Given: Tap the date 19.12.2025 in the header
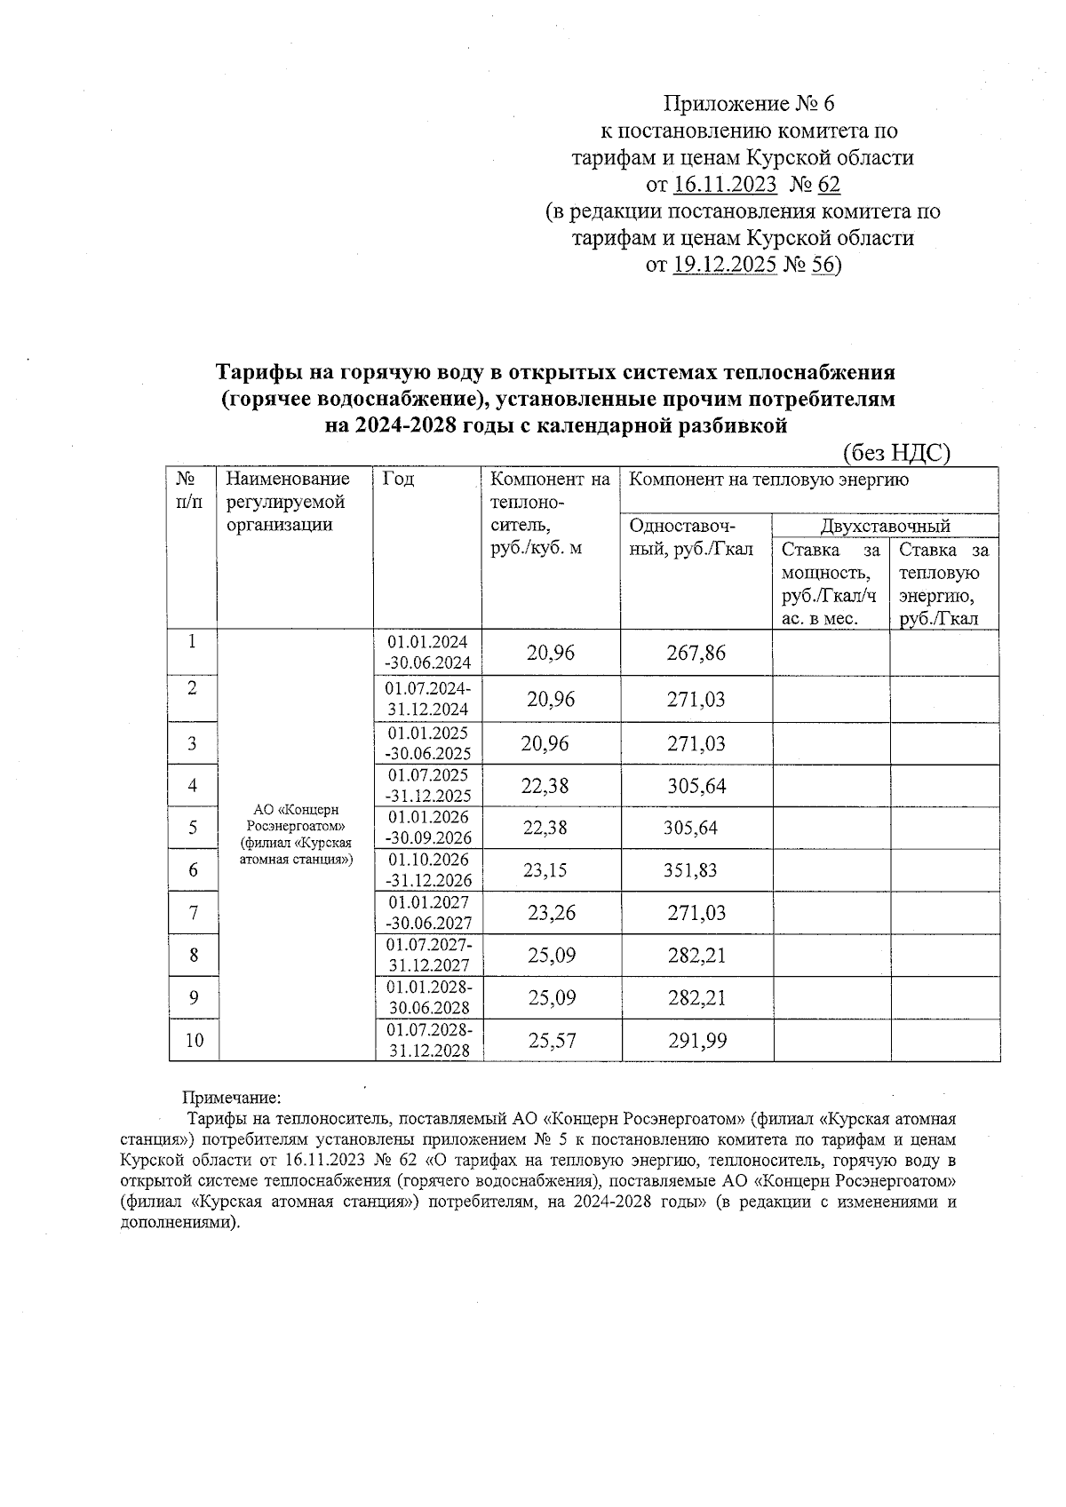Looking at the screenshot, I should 725,265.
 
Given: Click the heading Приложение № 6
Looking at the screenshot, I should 750,104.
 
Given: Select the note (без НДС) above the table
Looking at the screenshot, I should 896,453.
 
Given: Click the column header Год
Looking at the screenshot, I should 398,480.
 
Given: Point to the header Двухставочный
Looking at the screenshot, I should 885,526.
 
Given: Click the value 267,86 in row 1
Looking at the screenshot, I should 696,654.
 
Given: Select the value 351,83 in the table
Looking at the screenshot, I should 690,870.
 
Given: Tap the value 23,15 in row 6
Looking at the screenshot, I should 545,870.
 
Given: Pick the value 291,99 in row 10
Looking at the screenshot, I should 696,1040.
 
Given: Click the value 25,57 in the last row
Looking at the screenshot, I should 551,1040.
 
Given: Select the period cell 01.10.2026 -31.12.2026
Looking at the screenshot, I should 429,870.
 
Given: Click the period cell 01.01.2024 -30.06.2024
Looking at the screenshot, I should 428,653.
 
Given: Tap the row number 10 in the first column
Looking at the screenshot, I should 194,1040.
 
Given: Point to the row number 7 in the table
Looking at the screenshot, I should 193,912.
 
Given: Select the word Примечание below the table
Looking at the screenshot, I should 231,1099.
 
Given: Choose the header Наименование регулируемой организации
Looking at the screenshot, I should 287,502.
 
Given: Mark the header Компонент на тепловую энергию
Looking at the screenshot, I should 768,480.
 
